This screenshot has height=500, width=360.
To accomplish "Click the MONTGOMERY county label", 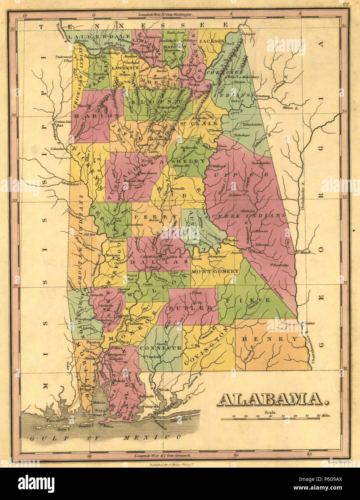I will (x=215, y=271).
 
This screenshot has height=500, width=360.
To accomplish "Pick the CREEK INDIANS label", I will (x=248, y=215).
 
